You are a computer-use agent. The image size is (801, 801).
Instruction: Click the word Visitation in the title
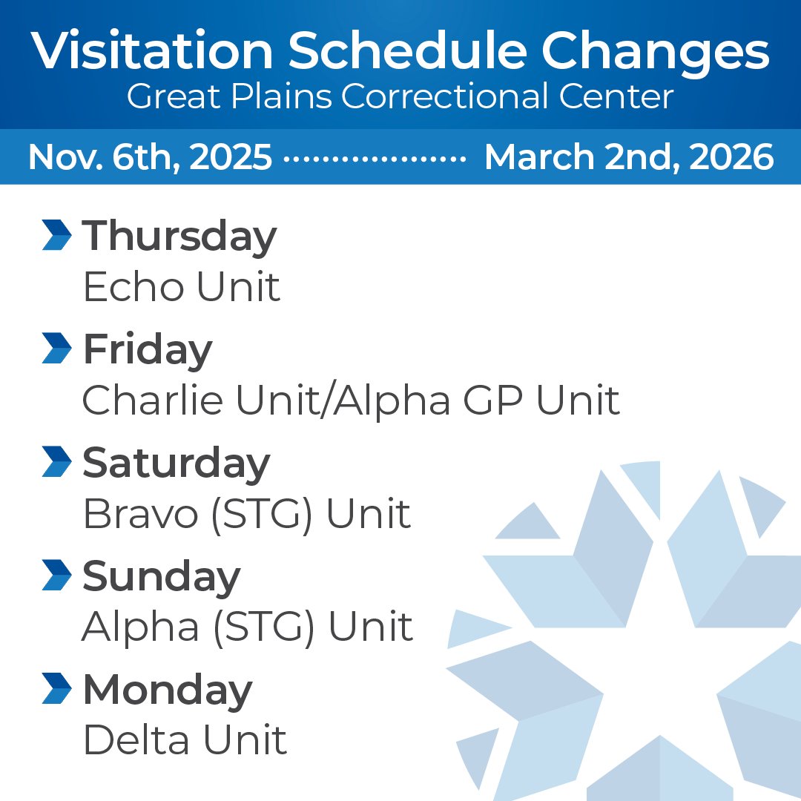tap(152, 52)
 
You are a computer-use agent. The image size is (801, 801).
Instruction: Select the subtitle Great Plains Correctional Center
tap(400, 96)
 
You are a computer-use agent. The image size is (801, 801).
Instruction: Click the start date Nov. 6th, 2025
tap(151, 157)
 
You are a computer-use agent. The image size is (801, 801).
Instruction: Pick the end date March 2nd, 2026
tap(629, 157)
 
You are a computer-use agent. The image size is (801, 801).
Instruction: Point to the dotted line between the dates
tap(375, 159)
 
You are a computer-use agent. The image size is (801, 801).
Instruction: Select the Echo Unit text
tap(182, 287)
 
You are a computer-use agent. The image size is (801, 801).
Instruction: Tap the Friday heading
tap(148, 350)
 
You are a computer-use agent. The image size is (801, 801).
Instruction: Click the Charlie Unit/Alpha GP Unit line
tap(351, 400)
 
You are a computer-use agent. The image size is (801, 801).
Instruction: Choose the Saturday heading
tap(177, 463)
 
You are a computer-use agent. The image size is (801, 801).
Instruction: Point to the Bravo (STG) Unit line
tap(247, 514)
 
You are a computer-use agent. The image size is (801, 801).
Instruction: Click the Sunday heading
tap(162, 577)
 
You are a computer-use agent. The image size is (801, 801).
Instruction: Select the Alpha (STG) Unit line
tap(247, 627)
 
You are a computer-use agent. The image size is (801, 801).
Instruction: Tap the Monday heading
tap(168, 690)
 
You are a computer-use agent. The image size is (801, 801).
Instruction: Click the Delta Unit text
tap(185, 740)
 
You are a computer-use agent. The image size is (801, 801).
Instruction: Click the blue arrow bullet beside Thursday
tap(57, 235)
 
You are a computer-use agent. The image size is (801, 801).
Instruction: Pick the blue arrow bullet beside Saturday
tap(57, 462)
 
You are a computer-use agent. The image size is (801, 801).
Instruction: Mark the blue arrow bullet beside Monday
tap(57, 689)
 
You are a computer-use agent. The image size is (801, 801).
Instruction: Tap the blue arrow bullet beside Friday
tap(57, 349)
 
